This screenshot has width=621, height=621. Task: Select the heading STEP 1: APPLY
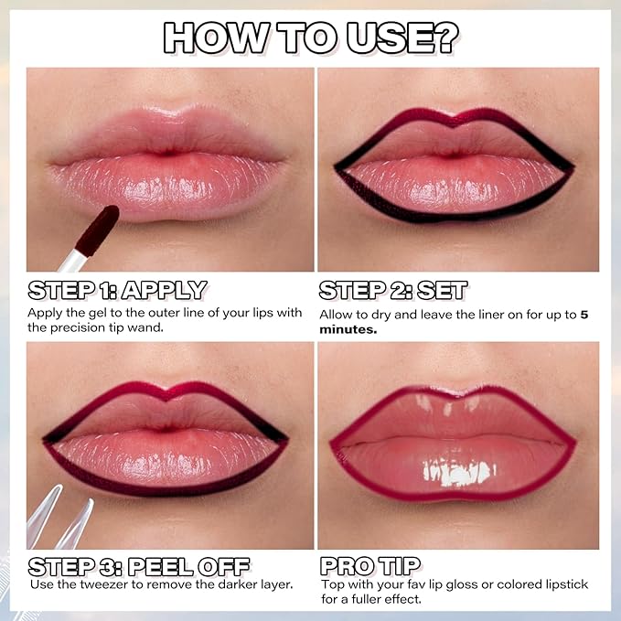(x=117, y=291)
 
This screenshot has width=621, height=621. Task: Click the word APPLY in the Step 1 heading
(x=164, y=291)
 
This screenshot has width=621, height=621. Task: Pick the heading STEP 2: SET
(x=393, y=291)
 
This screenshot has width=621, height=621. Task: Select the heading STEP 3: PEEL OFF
(x=139, y=564)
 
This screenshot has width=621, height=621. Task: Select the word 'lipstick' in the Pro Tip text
(x=564, y=584)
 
